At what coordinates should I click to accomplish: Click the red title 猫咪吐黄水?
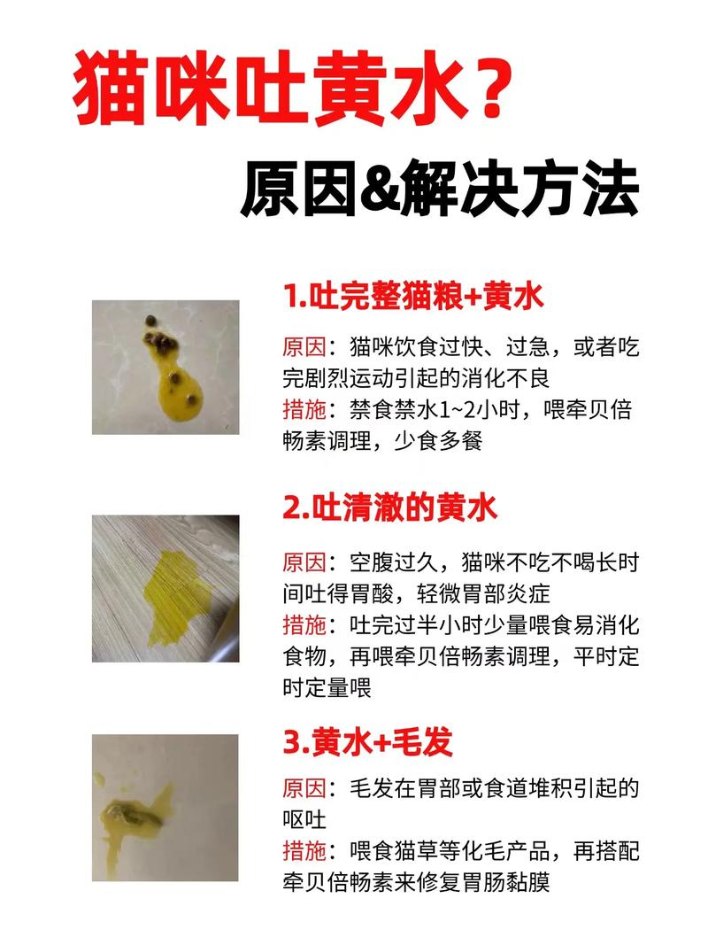(292, 93)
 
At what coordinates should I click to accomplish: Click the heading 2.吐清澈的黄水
(390, 507)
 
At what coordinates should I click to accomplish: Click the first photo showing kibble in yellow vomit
(165, 367)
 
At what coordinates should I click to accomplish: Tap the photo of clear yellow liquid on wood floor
(165, 588)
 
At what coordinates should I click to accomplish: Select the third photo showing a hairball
(165, 807)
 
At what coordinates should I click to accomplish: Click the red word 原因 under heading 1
(304, 346)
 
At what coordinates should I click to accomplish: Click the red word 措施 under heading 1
(304, 410)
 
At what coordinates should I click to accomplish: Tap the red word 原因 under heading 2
(304, 562)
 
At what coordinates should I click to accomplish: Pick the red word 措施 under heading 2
(304, 625)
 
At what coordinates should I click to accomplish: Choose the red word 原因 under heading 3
(304, 788)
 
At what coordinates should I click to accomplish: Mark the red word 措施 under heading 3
(304, 852)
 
